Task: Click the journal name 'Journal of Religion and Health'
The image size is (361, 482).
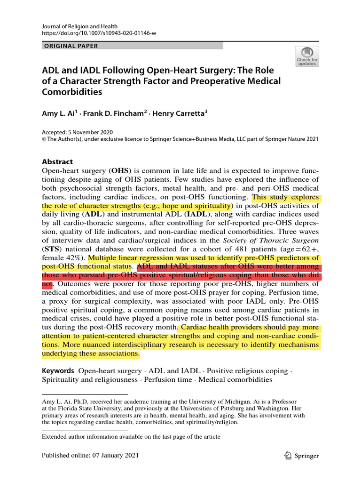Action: pyautogui.click(x=79, y=26)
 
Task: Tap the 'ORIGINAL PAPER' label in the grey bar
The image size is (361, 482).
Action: pyautogui.click(x=71, y=46)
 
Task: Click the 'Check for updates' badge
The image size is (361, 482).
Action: pyautogui.click(x=306, y=56)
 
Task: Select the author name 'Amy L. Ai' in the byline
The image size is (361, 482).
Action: pyautogui.click(x=58, y=113)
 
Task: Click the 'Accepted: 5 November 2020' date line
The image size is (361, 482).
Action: pyautogui.click(x=77, y=132)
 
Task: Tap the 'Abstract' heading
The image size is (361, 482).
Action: pyautogui.click(x=57, y=161)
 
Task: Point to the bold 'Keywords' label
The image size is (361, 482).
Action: pyautogui.click(x=58, y=371)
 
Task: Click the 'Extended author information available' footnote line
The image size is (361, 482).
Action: pyautogui.click(x=131, y=436)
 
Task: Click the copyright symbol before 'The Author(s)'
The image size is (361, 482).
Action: pyautogui.click(x=44, y=139)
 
